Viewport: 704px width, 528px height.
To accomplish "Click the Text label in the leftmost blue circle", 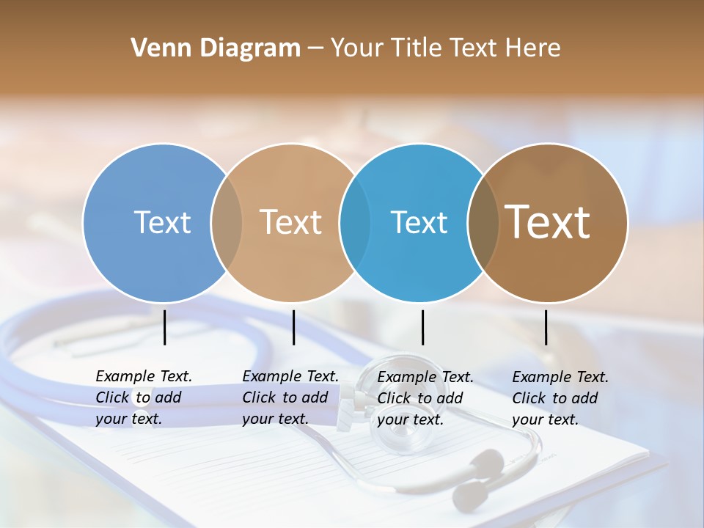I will click(162, 222).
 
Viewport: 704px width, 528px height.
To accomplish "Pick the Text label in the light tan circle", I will click(290, 222).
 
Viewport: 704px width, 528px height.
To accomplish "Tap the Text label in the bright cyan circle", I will click(419, 222).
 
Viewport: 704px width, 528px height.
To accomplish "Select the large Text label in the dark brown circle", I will click(548, 221).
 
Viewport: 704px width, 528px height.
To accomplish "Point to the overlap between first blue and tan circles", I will click(227, 222).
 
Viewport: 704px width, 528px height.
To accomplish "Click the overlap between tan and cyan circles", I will click(355, 222).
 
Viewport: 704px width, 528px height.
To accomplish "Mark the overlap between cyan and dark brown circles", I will click(483, 222).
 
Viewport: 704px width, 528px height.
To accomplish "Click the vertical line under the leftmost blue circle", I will click(165, 327).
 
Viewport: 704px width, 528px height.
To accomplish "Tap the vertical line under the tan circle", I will click(293, 327).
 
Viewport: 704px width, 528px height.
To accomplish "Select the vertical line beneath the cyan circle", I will click(422, 327).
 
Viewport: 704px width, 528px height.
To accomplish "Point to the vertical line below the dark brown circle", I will click(546, 327).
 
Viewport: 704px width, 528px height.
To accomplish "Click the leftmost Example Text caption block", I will click(143, 397).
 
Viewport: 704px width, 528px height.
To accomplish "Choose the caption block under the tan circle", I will click(290, 397).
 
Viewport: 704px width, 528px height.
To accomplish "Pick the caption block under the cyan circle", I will click(425, 398).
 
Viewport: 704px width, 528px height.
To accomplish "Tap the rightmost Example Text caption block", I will click(560, 398).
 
